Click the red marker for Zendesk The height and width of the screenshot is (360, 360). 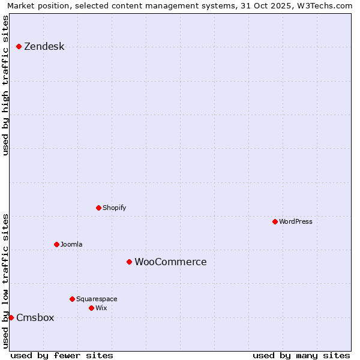(19, 46)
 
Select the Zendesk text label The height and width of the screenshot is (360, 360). (44, 47)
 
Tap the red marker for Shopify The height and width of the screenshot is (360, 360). (99, 208)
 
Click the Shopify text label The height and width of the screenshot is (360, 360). (114, 208)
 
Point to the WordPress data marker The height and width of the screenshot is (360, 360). (275, 221)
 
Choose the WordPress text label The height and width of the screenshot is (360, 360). (296, 221)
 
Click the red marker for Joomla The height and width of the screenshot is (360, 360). (57, 244)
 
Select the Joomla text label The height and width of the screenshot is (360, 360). (71, 244)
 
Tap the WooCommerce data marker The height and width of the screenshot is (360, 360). (129, 262)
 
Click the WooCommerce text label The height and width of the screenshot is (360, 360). (170, 262)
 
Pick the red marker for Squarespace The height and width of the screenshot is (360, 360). (73, 299)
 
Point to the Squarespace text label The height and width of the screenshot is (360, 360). (97, 299)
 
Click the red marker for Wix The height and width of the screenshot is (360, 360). (92, 308)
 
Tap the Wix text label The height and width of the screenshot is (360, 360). (101, 308)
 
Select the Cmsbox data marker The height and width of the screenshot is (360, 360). (11, 317)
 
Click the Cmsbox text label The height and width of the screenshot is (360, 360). (35, 318)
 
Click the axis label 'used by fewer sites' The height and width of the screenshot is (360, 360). (62, 355)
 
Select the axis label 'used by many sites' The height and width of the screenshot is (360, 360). (301, 355)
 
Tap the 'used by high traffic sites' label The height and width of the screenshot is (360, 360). (5, 85)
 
